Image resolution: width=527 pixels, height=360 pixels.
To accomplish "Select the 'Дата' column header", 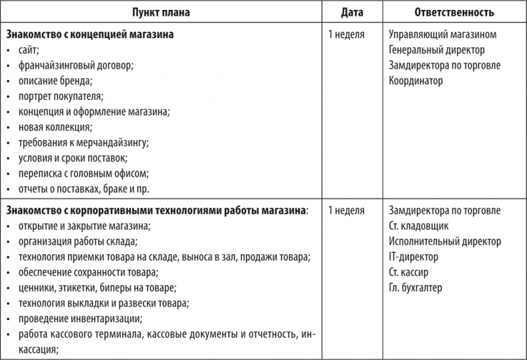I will (x=352, y=12).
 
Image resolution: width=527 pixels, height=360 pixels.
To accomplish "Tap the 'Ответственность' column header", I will (x=454, y=12).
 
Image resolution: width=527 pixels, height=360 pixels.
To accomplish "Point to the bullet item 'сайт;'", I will (x=30, y=49).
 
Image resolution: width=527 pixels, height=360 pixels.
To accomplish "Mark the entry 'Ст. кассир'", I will (x=408, y=272).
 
